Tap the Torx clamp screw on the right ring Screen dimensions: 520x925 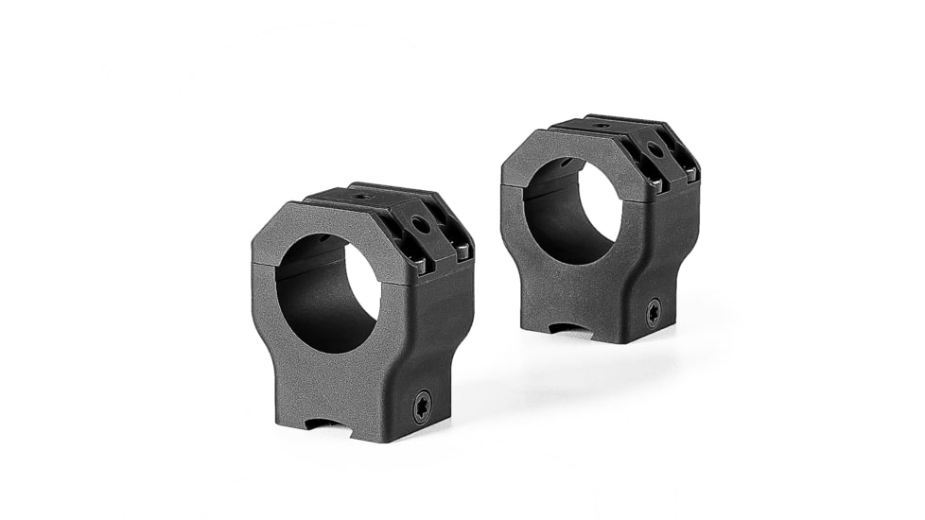653,313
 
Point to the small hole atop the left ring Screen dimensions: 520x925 359,198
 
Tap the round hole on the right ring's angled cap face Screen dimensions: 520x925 653,150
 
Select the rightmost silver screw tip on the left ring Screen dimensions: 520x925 462,251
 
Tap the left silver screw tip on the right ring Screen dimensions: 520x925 653,182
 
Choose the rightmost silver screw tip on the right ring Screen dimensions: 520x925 691,174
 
